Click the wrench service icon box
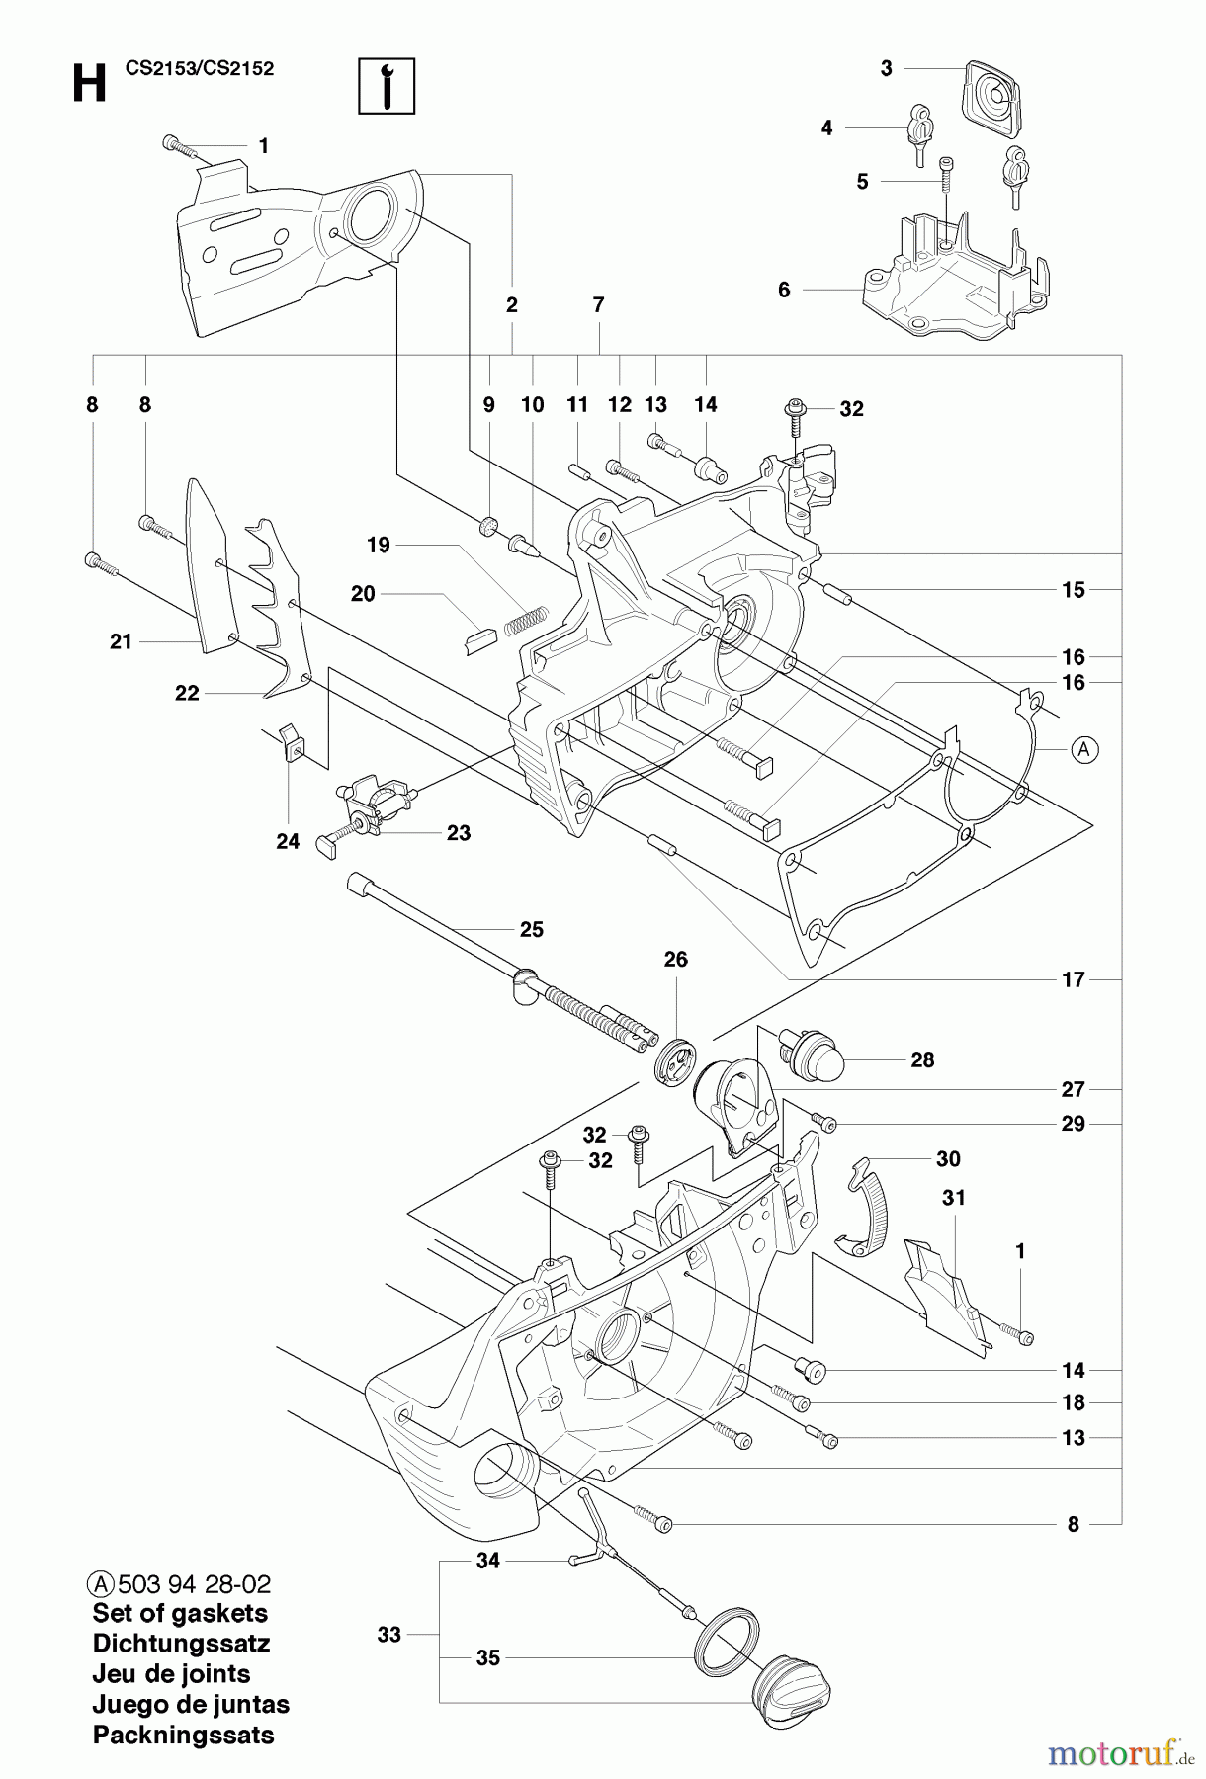click(x=386, y=86)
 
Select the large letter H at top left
click(x=89, y=84)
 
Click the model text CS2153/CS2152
click(x=200, y=68)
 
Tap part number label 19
click(x=379, y=545)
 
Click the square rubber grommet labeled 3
click(x=990, y=97)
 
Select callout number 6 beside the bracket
click(x=784, y=290)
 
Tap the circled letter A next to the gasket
click(x=1084, y=749)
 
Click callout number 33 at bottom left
click(x=389, y=1635)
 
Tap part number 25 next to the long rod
click(x=532, y=929)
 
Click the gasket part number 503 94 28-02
click(x=194, y=1584)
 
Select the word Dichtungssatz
click(x=181, y=1644)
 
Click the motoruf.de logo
click(x=1121, y=1754)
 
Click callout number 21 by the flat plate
click(x=121, y=641)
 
